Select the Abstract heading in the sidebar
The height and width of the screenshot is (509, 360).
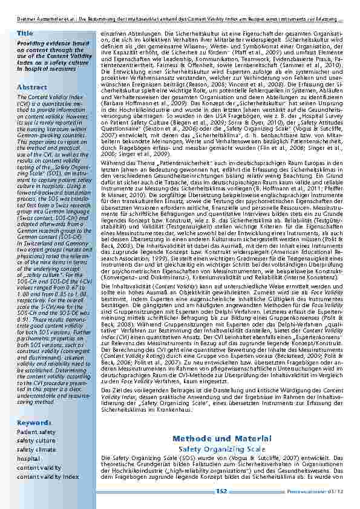pyautogui.click(x=32, y=88)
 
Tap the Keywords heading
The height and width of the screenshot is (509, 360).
pyautogui.click(x=34, y=423)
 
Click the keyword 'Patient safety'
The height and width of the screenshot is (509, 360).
pyautogui.click(x=36, y=432)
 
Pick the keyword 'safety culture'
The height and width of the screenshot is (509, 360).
pyautogui.click(x=36, y=441)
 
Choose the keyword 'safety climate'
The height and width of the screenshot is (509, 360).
pyautogui.click(x=36, y=450)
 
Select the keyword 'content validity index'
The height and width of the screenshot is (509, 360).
pyautogui.click(x=48, y=476)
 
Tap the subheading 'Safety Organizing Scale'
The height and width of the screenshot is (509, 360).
pyautogui.click(x=221, y=449)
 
